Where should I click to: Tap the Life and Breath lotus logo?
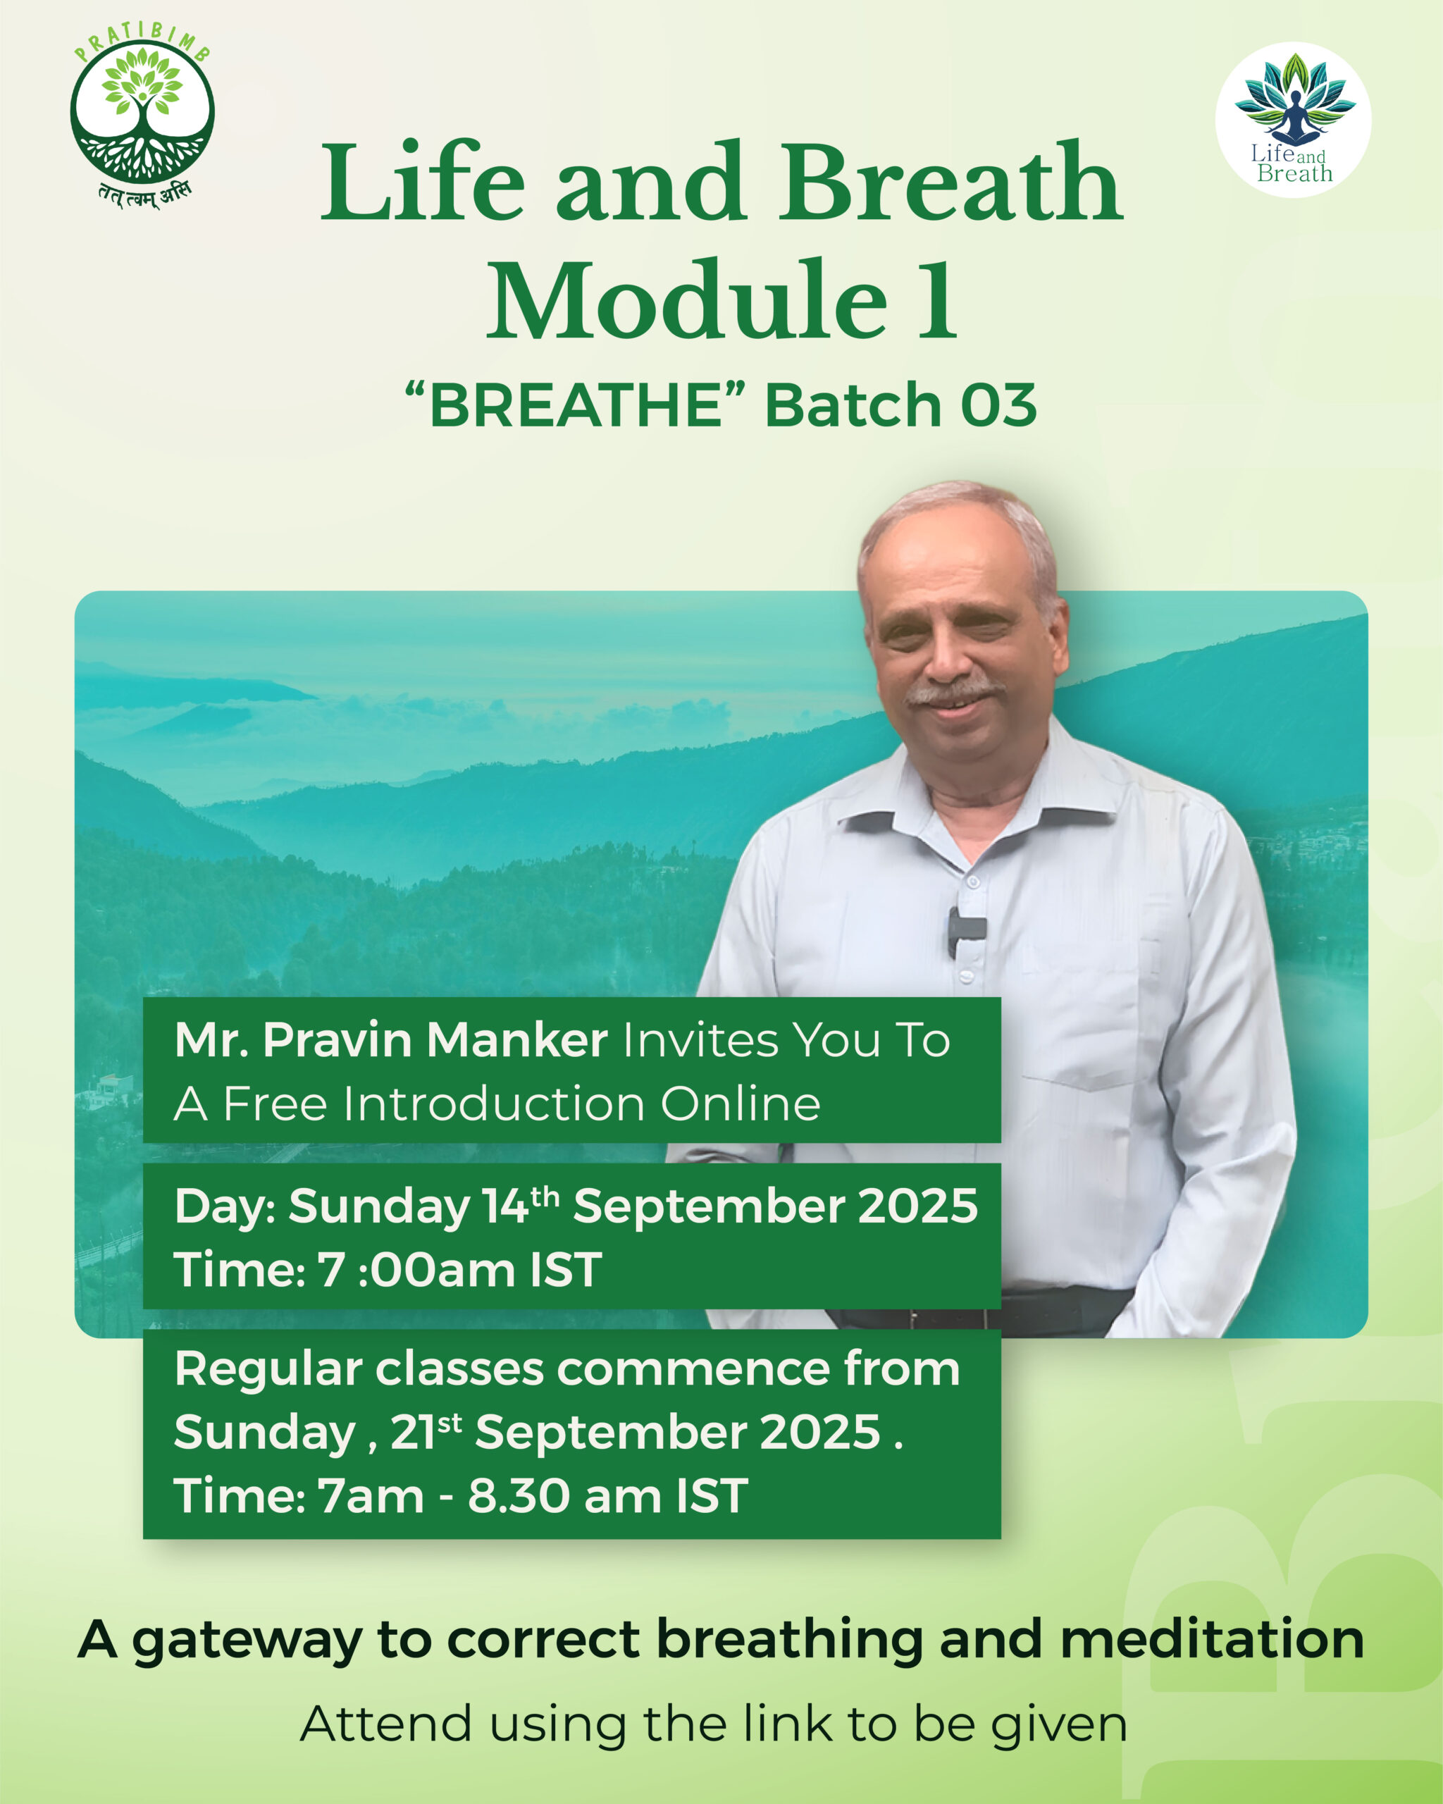point(1293,120)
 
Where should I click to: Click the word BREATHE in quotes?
point(576,405)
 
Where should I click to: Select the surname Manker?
point(517,1040)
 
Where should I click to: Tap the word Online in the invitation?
point(741,1104)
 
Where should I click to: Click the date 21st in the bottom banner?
point(425,1433)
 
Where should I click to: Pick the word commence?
point(693,1370)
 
